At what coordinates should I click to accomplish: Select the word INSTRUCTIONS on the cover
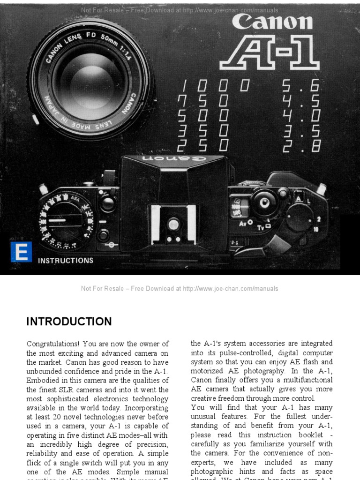coord(66,261)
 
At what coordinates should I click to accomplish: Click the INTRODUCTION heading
coord(69,322)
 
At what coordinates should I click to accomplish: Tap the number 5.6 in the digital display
coord(300,86)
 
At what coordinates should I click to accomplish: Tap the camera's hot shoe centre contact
coord(173,225)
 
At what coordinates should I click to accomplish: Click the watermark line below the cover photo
coord(180,289)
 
